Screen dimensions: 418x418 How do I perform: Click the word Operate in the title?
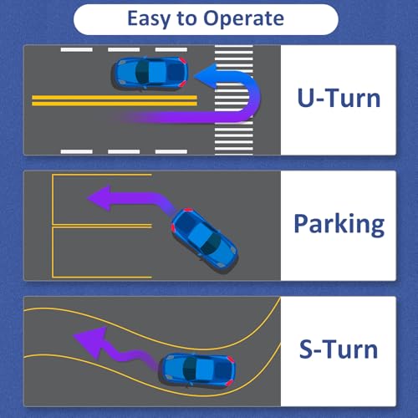point(244,19)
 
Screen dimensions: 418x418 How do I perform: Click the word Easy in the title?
point(149,19)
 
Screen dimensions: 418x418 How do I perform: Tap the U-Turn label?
point(339,98)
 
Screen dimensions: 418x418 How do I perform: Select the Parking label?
point(339,224)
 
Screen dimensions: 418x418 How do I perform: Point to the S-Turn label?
point(339,349)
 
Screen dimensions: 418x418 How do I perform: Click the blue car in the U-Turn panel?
point(150,74)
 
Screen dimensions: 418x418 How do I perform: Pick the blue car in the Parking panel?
point(204,240)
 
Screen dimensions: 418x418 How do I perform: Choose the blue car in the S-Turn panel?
point(198,370)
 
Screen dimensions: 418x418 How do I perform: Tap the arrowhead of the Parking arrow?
point(99,198)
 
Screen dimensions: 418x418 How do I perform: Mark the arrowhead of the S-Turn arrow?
point(90,342)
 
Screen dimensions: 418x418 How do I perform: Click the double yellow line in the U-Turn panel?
point(115,100)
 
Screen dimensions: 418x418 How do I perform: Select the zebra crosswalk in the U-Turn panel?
point(234,99)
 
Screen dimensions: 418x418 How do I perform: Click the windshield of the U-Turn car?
point(142,74)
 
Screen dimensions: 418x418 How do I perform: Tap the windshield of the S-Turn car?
point(190,370)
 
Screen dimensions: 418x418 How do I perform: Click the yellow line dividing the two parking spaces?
point(102,226)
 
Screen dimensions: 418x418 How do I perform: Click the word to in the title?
point(186,19)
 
